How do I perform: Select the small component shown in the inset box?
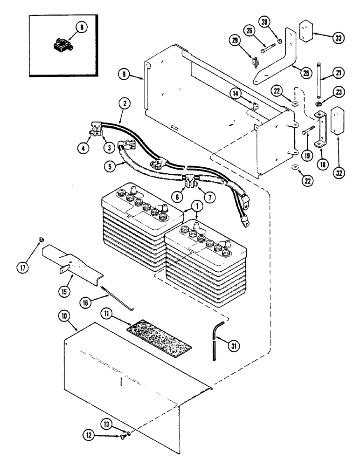point(59,46)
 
